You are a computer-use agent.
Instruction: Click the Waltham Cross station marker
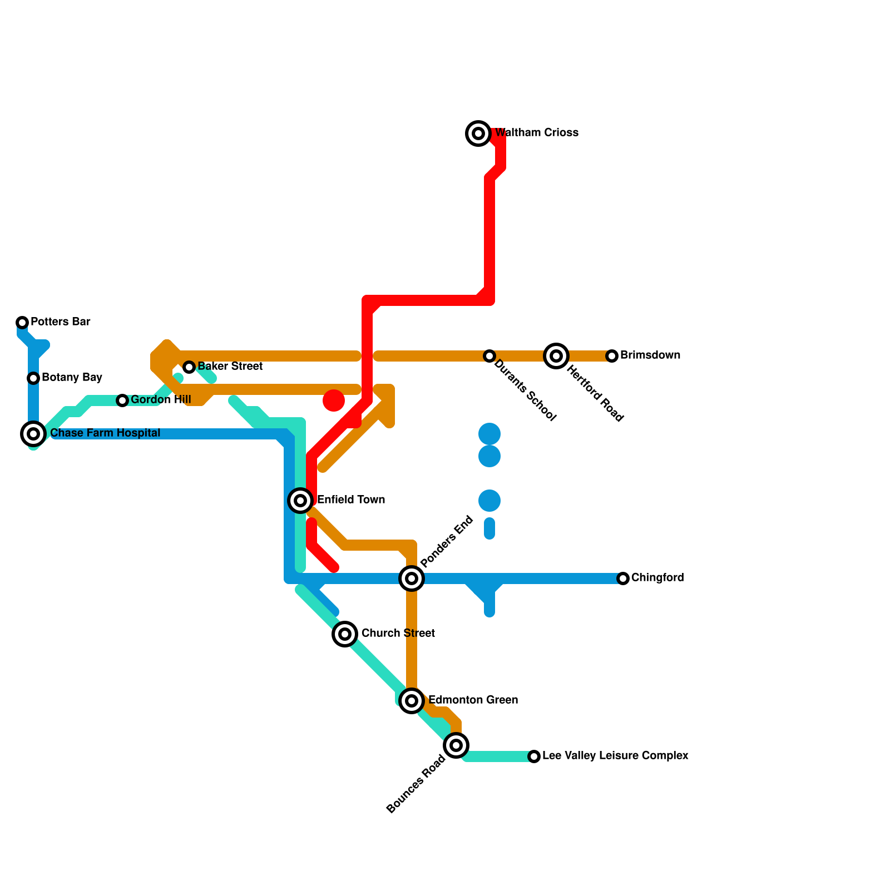(478, 133)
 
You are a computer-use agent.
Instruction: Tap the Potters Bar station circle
(22, 323)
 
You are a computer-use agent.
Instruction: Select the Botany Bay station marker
(33, 378)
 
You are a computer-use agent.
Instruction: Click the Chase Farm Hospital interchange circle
(33, 434)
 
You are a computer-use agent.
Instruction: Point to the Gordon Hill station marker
(122, 400)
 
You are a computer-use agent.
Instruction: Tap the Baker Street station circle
(189, 367)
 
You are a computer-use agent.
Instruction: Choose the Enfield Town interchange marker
(300, 501)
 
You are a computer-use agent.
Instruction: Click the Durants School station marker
(489, 356)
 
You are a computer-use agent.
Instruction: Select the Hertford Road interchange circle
(556, 356)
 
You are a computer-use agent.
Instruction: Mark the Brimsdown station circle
(612, 356)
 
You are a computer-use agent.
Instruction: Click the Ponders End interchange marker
(412, 578)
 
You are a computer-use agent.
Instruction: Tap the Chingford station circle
(623, 578)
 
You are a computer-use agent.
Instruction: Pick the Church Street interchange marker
(345, 634)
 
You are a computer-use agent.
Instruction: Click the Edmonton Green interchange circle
(412, 701)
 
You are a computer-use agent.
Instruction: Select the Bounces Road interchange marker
(456, 745)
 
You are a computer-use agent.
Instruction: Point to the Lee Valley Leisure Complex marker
(534, 756)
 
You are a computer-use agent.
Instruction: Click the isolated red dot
(334, 400)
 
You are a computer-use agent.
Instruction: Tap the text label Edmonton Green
(473, 700)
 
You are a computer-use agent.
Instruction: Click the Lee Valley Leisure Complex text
(615, 756)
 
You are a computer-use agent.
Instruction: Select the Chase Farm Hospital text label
(105, 433)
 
